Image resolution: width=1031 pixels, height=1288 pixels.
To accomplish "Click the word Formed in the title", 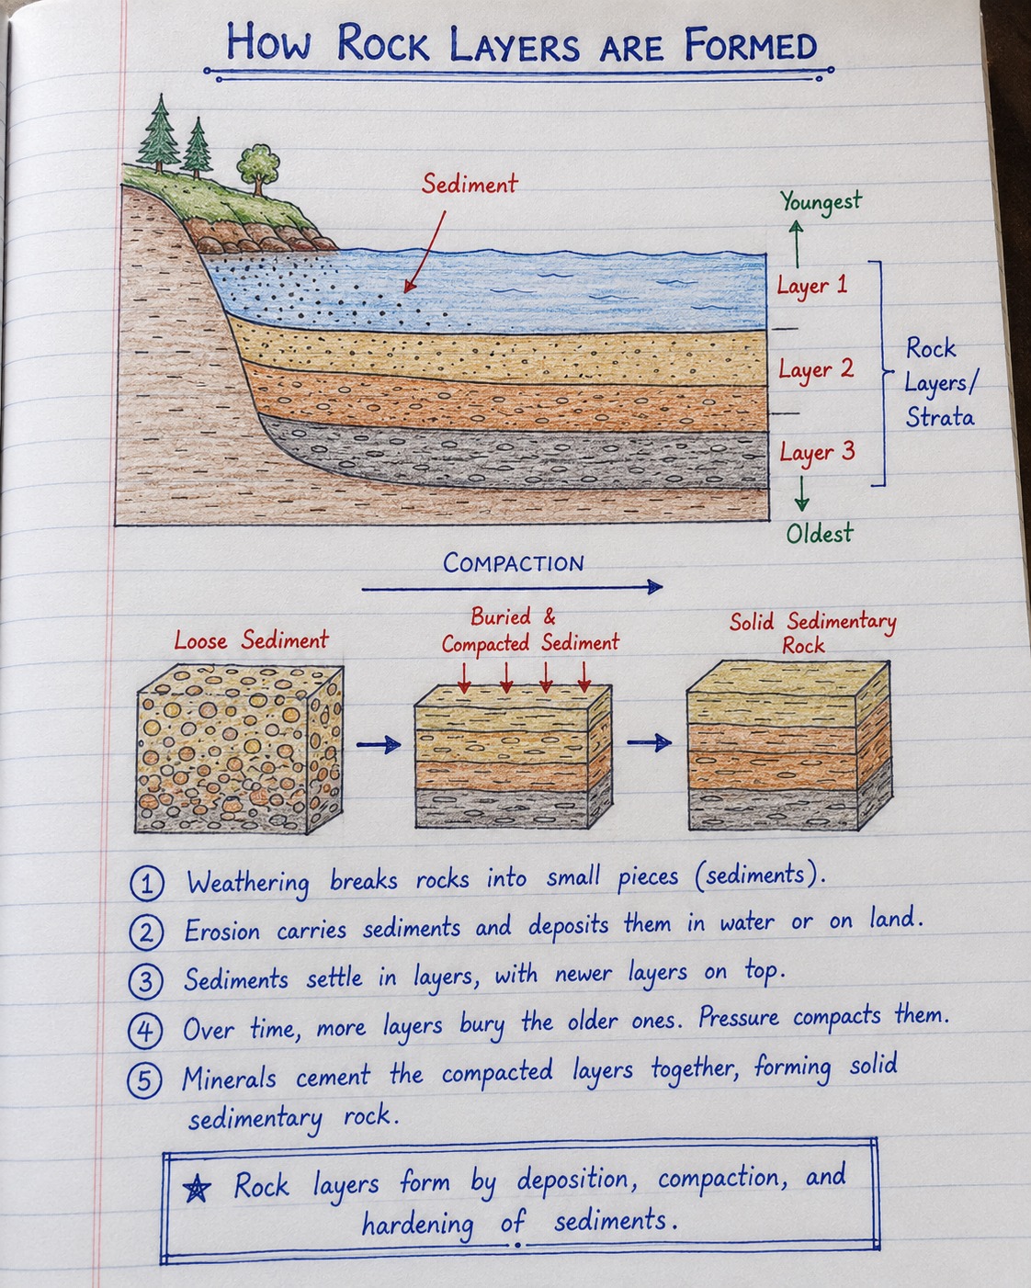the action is [x=750, y=45].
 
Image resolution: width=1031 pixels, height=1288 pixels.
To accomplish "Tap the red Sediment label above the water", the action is [x=470, y=184].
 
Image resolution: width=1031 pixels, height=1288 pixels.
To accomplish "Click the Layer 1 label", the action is [x=812, y=286].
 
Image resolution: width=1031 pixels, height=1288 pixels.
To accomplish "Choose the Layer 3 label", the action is [x=817, y=453].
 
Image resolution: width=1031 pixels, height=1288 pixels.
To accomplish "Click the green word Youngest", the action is [x=821, y=202].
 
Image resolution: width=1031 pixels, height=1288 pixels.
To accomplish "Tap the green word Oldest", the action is [x=819, y=533].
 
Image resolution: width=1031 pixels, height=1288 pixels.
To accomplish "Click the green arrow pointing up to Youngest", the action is [x=797, y=243].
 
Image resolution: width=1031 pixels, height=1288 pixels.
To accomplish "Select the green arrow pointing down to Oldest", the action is [x=801, y=493].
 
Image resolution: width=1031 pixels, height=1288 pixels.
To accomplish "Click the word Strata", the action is [x=939, y=416].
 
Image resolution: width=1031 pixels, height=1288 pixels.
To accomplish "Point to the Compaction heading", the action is [x=513, y=562].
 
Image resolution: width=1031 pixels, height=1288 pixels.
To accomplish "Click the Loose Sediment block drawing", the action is [x=240, y=749].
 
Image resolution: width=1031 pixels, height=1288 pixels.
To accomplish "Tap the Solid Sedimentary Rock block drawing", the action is [x=789, y=746].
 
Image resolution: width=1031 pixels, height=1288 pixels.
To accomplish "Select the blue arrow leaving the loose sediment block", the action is [x=379, y=744].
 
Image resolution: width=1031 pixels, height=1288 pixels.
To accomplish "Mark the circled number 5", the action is [x=145, y=1081].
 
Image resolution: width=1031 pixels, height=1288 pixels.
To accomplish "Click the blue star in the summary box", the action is [x=197, y=1188].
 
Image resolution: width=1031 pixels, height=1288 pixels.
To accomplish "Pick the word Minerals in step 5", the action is [x=229, y=1079].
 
